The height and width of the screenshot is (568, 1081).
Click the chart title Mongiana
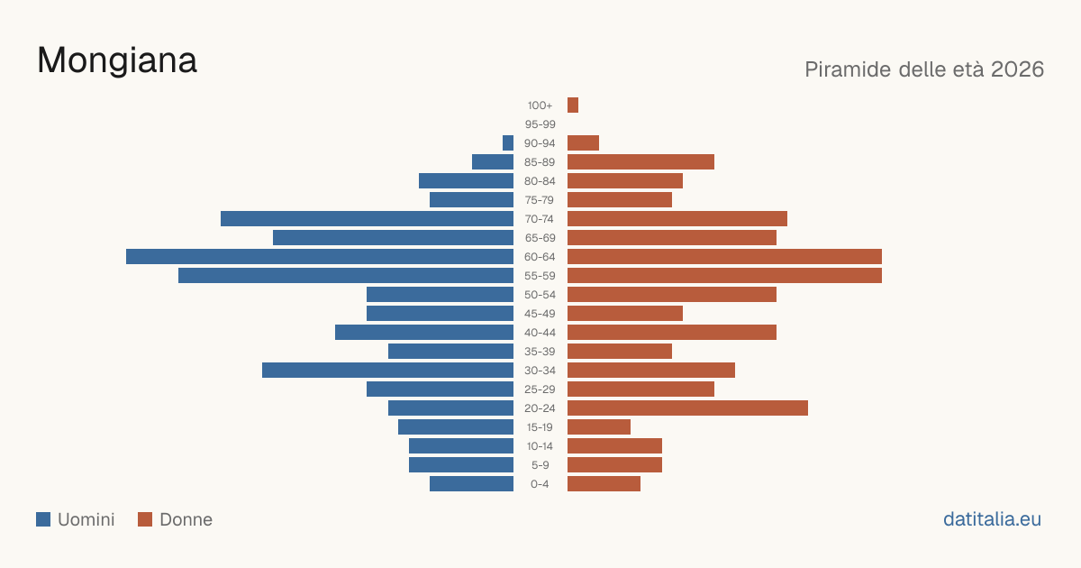tap(117, 61)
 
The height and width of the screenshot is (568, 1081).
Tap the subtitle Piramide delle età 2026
tap(924, 69)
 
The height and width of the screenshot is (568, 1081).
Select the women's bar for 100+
tap(573, 105)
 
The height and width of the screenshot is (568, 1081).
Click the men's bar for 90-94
tap(508, 143)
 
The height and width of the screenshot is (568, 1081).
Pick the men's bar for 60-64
tap(320, 256)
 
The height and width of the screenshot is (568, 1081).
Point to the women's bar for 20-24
tap(687, 408)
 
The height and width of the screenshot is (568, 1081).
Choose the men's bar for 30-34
tap(387, 370)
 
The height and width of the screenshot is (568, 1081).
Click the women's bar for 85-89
tap(640, 161)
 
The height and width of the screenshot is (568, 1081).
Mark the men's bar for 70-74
tap(367, 219)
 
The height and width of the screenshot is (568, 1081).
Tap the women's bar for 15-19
tap(599, 427)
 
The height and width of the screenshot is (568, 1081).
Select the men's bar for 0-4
tap(471, 483)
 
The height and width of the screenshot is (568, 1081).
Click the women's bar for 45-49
tap(625, 314)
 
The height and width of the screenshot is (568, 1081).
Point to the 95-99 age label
tap(540, 124)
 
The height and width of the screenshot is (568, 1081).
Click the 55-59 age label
tap(540, 276)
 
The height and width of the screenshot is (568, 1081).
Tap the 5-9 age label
tap(540, 465)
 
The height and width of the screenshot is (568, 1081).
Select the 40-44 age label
tap(540, 333)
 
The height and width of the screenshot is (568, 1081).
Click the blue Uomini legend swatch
tap(43, 519)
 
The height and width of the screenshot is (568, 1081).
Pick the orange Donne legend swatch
tap(145, 519)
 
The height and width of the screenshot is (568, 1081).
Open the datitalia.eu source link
tap(992, 519)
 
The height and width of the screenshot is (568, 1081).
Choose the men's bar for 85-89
tap(493, 161)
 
